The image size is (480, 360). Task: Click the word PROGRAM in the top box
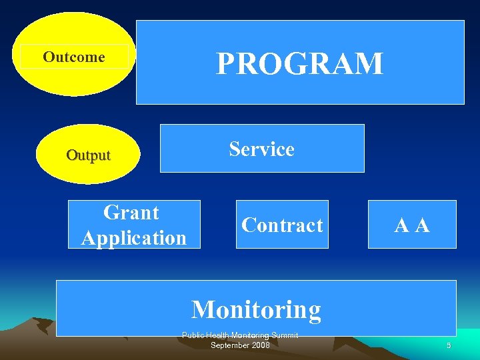click(x=299, y=63)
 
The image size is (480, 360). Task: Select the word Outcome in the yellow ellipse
click(x=74, y=57)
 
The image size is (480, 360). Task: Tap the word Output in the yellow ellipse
click(x=88, y=155)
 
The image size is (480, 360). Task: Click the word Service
click(x=261, y=149)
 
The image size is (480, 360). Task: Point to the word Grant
click(x=131, y=213)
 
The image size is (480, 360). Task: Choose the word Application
click(x=134, y=237)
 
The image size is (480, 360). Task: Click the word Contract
click(x=282, y=225)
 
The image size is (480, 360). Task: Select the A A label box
click(x=412, y=225)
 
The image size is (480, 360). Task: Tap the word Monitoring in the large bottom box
click(x=256, y=309)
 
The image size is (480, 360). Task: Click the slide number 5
click(x=449, y=345)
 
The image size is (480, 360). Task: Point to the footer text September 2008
click(x=240, y=345)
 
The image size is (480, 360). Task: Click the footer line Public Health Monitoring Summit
click(x=240, y=335)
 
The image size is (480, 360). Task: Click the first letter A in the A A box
click(x=402, y=226)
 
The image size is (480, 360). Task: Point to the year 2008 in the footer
click(x=259, y=345)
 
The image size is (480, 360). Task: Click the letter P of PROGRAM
click(x=225, y=64)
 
